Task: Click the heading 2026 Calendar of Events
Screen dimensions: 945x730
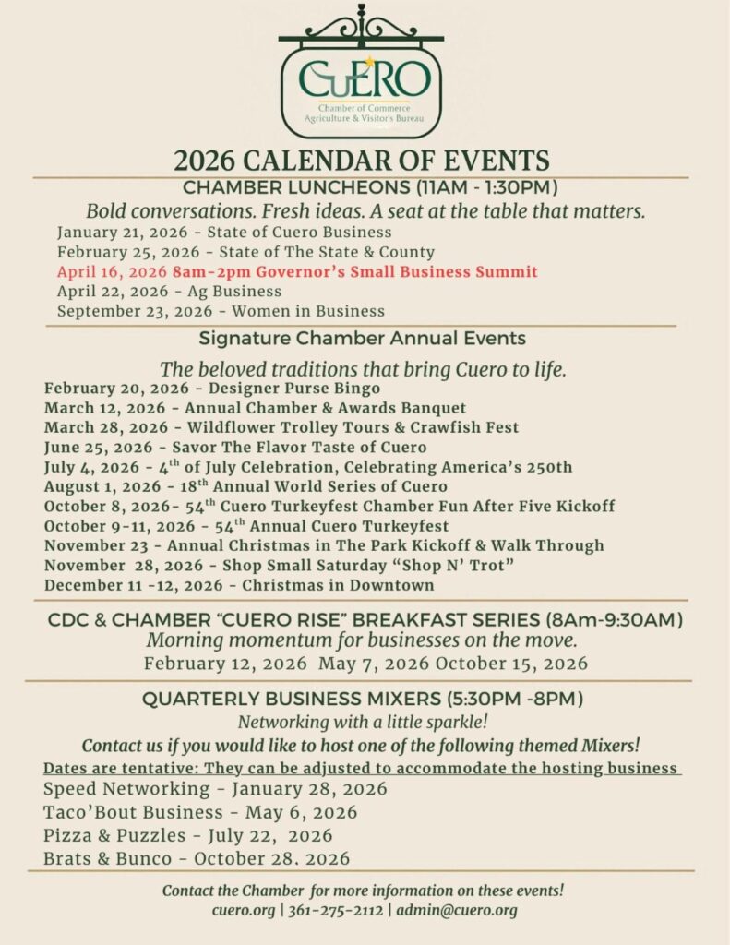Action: tap(362, 160)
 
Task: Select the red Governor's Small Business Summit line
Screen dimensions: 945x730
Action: tap(296, 272)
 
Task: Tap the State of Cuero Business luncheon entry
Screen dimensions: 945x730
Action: tap(224, 233)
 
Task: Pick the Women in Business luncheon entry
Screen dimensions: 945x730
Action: tap(221, 311)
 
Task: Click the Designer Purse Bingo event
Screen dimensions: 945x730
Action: tap(211, 389)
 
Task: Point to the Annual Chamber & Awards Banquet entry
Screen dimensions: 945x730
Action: tap(255, 408)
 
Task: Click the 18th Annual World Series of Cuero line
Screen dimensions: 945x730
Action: tap(245, 486)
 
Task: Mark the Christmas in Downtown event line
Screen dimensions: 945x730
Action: tap(239, 585)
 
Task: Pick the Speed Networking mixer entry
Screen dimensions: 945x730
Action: tap(215, 789)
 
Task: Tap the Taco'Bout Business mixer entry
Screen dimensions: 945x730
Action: tap(200, 813)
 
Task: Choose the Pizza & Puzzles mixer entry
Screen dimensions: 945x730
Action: tap(187, 836)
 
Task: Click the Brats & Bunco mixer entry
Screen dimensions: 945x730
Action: tap(197, 859)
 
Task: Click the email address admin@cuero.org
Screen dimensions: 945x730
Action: tap(457, 910)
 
